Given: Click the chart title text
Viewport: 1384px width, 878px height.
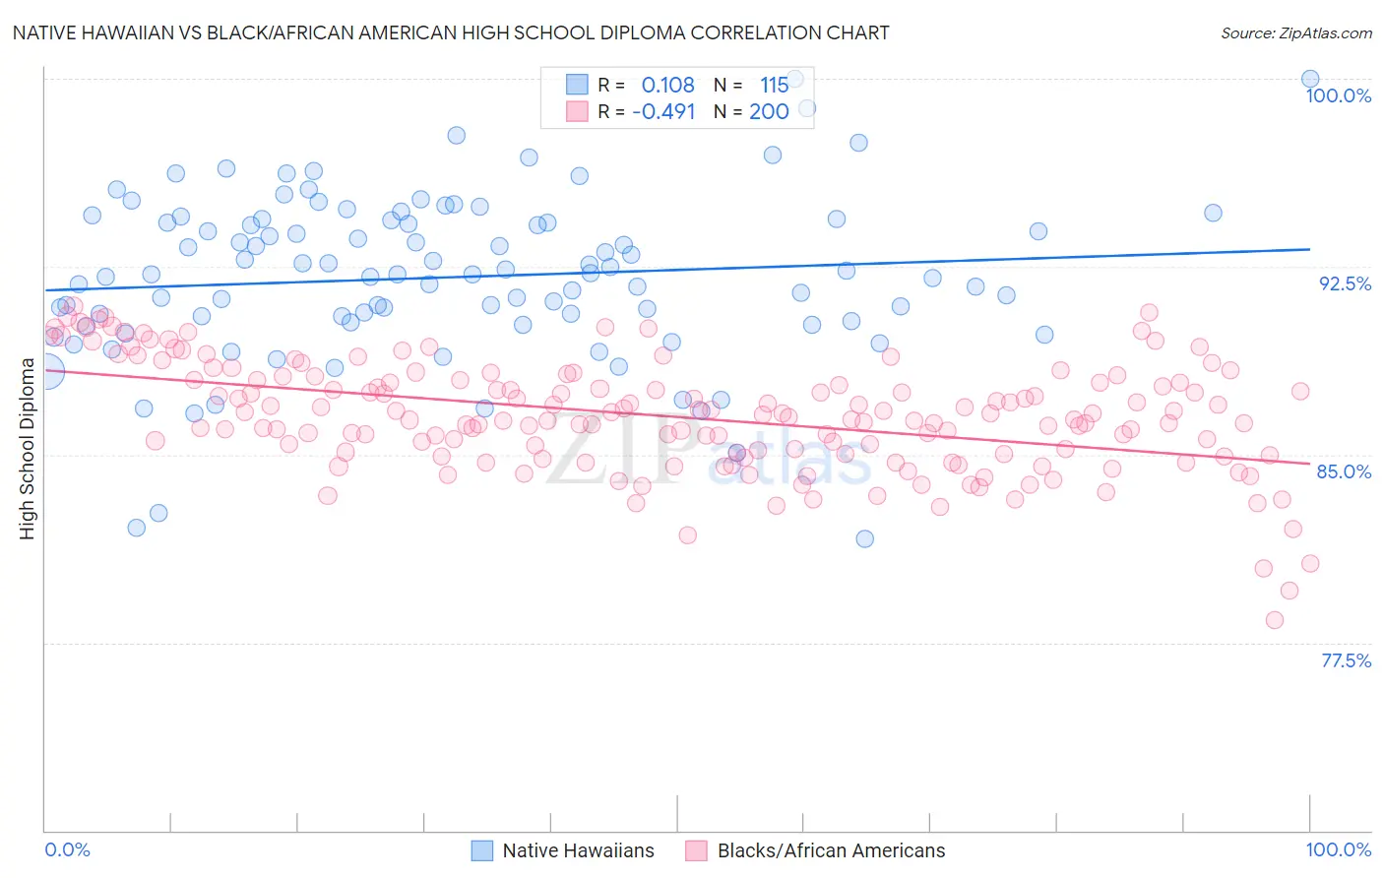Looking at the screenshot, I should pos(451,32).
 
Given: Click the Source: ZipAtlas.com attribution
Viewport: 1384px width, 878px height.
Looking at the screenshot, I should pos(1295,32).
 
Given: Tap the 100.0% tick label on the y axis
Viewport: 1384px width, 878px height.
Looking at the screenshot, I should pos(1338,95).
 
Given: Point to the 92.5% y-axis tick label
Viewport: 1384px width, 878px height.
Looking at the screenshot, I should pos(1345,283).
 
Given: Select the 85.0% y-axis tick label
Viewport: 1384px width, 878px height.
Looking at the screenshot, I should pos(1344,471).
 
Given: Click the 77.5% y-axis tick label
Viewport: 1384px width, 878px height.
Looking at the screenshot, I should pos(1346,660).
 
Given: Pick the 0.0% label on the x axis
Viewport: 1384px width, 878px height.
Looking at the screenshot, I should pos(68,849).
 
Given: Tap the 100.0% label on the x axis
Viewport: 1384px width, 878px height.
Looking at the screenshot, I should pos(1338,849).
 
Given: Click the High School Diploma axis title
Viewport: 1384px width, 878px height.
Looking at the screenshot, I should pos(28,448).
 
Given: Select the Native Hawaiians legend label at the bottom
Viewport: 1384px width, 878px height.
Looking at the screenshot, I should pos(578,850).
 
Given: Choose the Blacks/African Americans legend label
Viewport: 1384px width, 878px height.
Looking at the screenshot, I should pos(831,850).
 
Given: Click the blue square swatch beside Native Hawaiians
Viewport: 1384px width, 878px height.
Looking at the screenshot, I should pos(482,850).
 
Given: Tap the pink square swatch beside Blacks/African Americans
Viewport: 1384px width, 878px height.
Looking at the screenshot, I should pos(697,850).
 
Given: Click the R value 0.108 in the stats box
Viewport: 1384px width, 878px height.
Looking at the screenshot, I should pos(667,86).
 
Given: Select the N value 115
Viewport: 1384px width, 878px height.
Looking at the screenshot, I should pos(774,86).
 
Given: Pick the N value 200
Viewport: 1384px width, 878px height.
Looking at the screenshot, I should pos(769,111).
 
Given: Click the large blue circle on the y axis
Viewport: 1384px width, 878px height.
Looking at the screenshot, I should pos(46,371).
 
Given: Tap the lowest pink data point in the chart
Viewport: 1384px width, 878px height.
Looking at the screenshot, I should pos(1275,620).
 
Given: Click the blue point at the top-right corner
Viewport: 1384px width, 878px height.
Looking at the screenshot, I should pos(1310,79).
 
